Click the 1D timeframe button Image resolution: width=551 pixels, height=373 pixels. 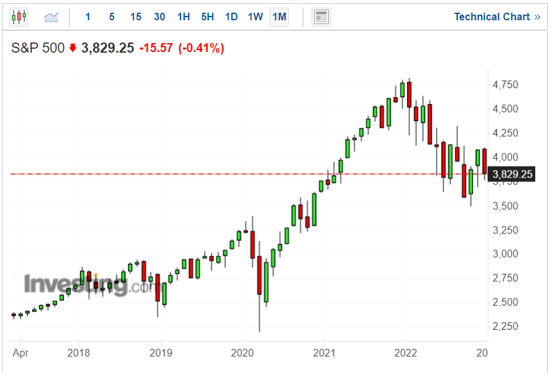[232, 17]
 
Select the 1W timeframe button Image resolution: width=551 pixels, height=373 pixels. [255, 17]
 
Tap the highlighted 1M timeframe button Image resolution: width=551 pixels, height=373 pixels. [279, 17]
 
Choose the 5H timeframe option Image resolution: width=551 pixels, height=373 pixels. [208, 17]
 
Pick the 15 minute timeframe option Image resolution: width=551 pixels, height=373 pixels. [136, 17]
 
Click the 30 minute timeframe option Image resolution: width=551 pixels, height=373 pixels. [160, 17]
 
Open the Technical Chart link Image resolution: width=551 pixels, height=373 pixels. [497, 17]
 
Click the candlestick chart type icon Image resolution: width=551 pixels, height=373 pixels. [19, 17]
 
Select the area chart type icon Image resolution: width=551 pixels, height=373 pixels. [51, 17]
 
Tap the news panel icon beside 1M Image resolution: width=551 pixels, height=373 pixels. [321, 17]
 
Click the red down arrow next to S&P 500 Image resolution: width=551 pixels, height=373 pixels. [73, 48]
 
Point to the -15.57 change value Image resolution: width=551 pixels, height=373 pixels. [156, 48]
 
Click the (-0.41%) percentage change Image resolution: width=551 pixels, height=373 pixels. [201, 48]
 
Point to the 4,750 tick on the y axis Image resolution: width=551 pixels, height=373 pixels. [505, 85]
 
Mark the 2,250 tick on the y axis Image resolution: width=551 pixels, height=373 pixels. [505, 326]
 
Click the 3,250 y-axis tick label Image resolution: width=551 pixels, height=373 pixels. [505, 230]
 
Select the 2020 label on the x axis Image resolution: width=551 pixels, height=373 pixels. [243, 353]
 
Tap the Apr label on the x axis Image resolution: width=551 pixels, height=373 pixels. [21, 353]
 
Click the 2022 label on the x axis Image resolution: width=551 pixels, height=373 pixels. [405, 353]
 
